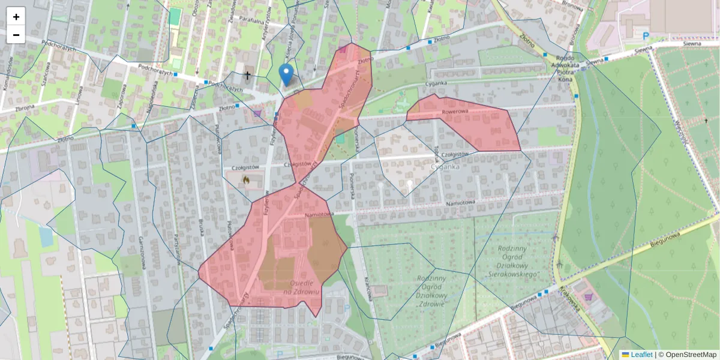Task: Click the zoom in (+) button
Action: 16,17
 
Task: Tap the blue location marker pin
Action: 287,74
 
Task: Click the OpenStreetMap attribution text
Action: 691,355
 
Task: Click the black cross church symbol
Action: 247,76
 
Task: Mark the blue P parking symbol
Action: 646,36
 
